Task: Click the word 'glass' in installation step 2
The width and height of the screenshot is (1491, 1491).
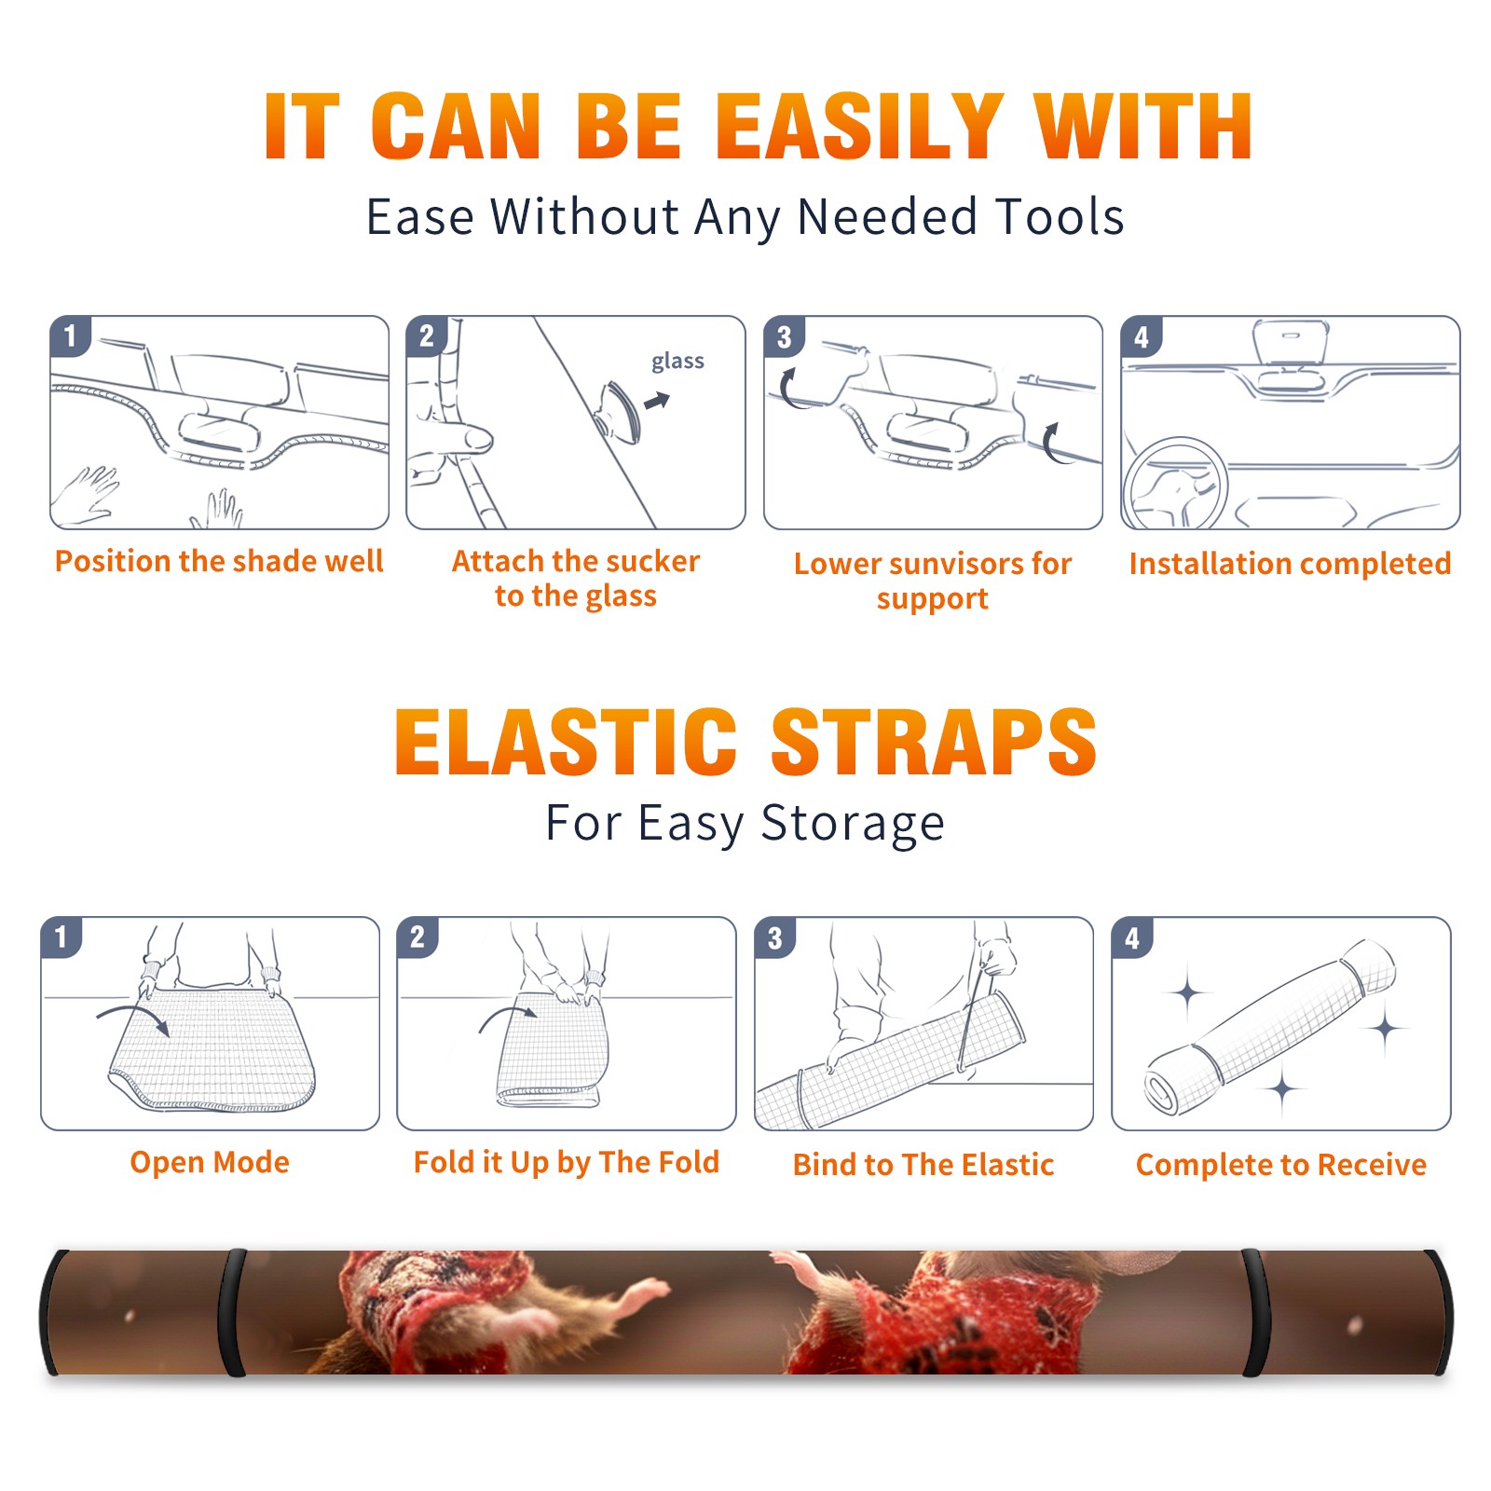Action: [x=677, y=362]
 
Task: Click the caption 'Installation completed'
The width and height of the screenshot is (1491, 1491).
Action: [x=1290, y=563]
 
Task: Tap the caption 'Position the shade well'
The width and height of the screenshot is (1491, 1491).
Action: [x=219, y=561]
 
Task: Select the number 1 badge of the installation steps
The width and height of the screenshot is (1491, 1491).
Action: [x=71, y=335]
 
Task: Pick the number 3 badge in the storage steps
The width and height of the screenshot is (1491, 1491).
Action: [x=774, y=937]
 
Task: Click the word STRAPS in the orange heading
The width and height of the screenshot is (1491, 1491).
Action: [x=934, y=743]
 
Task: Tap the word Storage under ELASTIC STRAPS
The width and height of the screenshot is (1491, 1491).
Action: [x=853, y=824]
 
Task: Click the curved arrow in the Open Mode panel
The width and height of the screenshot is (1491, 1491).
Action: [x=133, y=1012]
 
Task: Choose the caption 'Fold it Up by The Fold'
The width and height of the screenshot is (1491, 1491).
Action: [x=567, y=1162]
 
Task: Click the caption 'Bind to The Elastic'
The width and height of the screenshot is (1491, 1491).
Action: [x=923, y=1165]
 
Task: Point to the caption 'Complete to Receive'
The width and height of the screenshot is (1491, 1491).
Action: [x=1281, y=1165]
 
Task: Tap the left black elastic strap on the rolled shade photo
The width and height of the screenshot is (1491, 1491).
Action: [x=232, y=1313]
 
